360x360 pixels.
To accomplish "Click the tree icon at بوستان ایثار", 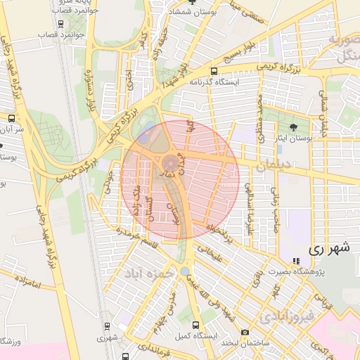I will pyautogui.click(x=293, y=127).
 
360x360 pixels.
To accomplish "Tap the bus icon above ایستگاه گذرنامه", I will pyautogui.click(x=214, y=71).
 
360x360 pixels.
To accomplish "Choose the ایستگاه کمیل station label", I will pyautogui.click(x=194, y=336).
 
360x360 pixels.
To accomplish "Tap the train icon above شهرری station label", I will pyautogui.click(x=107, y=326).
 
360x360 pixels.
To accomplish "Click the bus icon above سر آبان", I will pyautogui.click(x=12, y=118).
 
